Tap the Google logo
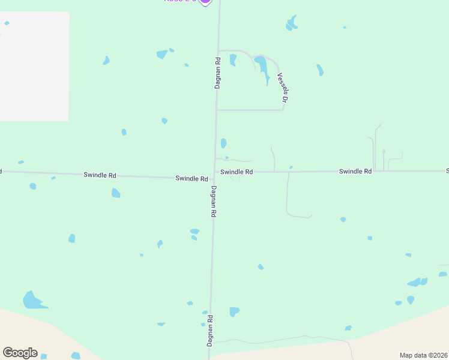click(20, 353)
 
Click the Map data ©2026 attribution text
click(423, 355)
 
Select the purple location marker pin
click(205, 1)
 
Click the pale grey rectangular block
click(34, 66)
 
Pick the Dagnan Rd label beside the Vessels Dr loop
click(218, 73)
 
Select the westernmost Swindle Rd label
click(100, 175)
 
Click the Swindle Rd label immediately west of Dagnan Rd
click(191, 179)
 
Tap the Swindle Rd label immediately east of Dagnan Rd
click(237, 172)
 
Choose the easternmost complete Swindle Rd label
click(355, 171)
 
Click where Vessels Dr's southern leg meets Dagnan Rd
click(217, 110)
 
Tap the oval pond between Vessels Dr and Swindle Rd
click(223, 143)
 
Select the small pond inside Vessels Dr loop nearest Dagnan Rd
click(233, 59)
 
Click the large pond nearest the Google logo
click(33, 300)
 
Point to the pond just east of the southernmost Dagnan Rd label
click(234, 311)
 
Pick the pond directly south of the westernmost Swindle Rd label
click(116, 193)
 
